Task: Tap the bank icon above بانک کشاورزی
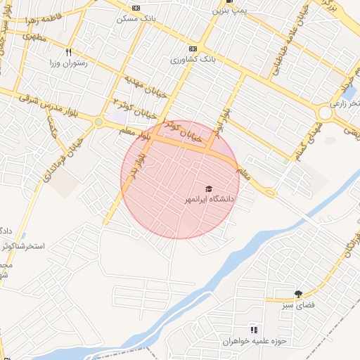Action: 193,49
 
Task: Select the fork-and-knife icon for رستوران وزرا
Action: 68,52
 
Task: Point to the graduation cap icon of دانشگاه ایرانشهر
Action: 208,188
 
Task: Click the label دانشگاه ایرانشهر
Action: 208,200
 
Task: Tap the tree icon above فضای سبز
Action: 298,294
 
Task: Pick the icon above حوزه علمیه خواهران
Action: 254,330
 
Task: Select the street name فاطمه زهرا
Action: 61,15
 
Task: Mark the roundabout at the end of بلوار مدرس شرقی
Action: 98,122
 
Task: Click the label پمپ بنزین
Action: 231,12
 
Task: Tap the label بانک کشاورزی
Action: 193,60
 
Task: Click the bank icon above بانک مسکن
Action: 136,8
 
